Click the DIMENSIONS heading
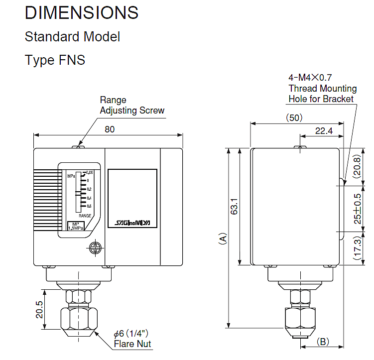pyautogui.click(x=82, y=12)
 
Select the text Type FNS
pyautogui.click(x=55, y=60)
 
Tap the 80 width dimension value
pyautogui.click(x=110, y=129)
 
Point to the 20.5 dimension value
pyautogui.click(x=39, y=310)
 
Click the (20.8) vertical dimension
pyautogui.click(x=357, y=166)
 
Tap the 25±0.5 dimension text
pyautogui.click(x=357, y=209)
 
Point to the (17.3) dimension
pyautogui.click(x=357, y=249)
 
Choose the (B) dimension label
pyautogui.click(x=323, y=342)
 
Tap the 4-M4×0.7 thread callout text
pyautogui.click(x=310, y=78)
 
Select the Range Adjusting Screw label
pyautogui.click(x=131, y=105)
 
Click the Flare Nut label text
pyautogui.click(x=132, y=344)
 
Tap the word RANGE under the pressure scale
pyautogui.click(x=85, y=216)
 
